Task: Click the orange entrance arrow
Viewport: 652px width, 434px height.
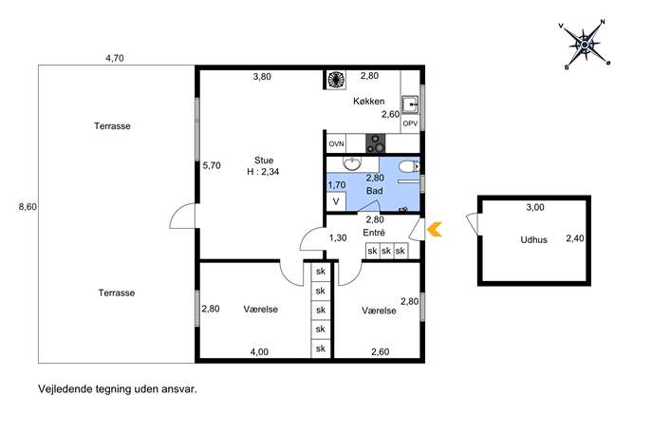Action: pos(435,229)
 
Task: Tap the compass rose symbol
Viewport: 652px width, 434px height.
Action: pos(585,44)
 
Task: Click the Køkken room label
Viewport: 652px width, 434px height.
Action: pos(369,101)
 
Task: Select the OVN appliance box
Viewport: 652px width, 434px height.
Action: pos(336,143)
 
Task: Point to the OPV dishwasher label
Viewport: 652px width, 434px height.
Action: pos(410,123)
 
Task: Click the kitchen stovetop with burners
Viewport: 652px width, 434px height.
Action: pos(376,143)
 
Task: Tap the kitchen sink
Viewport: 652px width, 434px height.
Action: pos(410,104)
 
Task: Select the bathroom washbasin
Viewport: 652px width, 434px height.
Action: pos(353,163)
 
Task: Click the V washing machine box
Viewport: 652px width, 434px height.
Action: pos(336,202)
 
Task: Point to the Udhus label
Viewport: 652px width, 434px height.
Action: pos(534,240)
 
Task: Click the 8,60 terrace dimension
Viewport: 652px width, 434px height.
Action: pos(28,207)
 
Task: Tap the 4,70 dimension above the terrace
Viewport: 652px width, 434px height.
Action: pos(115,58)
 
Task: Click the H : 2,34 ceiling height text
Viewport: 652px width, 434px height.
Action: pos(263,172)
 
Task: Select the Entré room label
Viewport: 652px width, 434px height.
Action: pos(374,233)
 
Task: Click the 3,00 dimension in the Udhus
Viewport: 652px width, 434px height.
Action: pos(535,207)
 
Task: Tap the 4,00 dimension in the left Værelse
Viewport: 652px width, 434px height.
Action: pos(259,352)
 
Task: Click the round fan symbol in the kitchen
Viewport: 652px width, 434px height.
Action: pos(336,79)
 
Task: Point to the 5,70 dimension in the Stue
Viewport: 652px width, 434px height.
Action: pos(212,165)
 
